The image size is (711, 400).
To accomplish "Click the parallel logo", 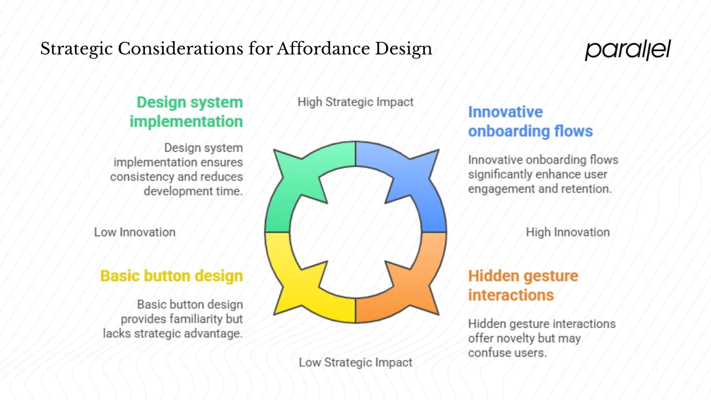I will (x=628, y=50).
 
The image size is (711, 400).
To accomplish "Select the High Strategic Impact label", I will (x=355, y=102).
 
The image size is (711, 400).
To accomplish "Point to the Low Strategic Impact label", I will (x=355, y=362).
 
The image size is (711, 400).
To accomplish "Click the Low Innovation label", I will (x=134, y=232).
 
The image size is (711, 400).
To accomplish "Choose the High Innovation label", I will (x=568, y=232).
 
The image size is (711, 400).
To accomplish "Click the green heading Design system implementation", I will (x=187, y=112).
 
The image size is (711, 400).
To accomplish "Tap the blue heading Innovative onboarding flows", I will (x=530, y=121).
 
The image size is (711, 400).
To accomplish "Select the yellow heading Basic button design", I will (x=171, y=276).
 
